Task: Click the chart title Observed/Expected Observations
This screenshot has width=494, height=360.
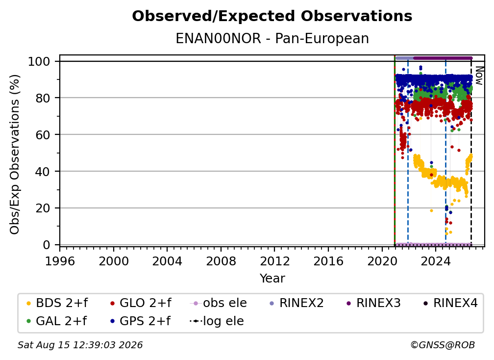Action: point(272,16)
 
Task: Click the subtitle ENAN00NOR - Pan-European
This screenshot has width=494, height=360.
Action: point(272,38)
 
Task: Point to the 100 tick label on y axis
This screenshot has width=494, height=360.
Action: point(39,61)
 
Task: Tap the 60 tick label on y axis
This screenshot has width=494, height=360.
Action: point(43,135)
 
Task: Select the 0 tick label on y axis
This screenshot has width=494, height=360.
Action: point(46,245)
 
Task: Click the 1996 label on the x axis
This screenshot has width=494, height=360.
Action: point(60,261)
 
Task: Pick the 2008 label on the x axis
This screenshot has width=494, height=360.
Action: point(221,261)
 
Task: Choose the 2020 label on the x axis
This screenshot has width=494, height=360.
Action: point(382,261)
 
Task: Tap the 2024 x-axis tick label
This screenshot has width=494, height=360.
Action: point(435,261)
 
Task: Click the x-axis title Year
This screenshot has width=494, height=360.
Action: point(272,279)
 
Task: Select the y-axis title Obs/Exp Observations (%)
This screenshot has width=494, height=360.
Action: point(15,154)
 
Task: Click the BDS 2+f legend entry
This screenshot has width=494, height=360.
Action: point(57,303)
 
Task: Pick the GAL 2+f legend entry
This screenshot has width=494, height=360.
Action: point(56,321)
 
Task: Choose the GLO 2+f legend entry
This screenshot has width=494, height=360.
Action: point(141,303)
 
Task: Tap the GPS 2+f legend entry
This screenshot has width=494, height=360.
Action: point(140,321)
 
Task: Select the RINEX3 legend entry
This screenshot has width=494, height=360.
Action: point(373,303)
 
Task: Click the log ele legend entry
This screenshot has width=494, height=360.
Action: point(217,321)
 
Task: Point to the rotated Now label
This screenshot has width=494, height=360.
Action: point(479,76)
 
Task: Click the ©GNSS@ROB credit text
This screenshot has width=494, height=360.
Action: point(443,345)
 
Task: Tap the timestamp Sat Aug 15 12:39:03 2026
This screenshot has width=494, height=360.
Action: point(80,345)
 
